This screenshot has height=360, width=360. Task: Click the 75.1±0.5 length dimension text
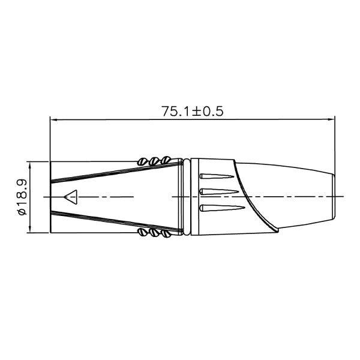[x=192, y=111]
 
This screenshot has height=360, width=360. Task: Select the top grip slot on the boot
[x=218, y=178]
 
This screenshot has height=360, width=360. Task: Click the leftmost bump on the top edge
[x=143, y=161]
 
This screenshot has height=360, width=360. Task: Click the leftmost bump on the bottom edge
[x=143, y=233]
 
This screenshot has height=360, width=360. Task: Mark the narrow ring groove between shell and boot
[x=188, y=197]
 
